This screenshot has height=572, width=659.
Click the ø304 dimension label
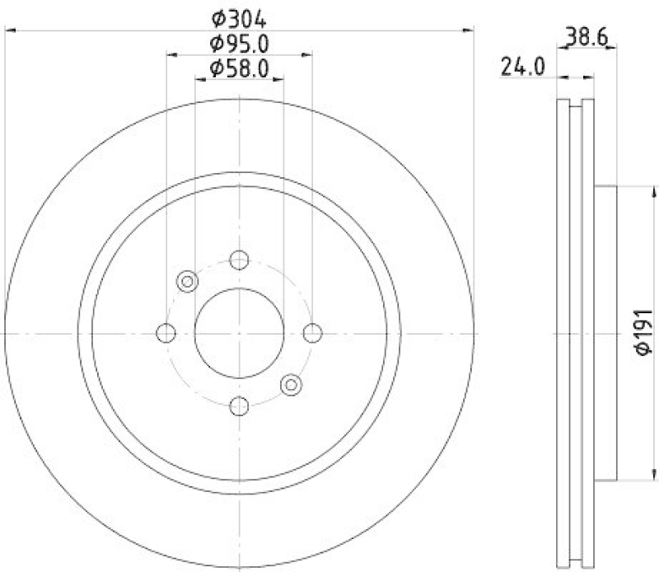tap(240, 16)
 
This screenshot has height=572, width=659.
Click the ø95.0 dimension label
tap(240, 43)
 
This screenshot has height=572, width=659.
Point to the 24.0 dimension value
tap(523, 67)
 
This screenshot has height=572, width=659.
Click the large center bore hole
tap(240, 333)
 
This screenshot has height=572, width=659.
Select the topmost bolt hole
tap(240, 260)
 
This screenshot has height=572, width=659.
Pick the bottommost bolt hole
tap(240, 406)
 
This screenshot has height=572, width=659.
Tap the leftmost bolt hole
tap(166, 333)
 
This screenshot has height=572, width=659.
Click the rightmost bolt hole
tap(312, 333)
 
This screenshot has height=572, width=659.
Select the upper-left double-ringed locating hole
tap(188, 282)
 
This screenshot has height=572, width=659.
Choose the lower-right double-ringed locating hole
tap(291, 384)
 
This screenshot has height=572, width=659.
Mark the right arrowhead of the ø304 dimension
tap(471, 30)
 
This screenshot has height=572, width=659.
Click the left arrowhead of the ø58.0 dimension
tap(199, 80)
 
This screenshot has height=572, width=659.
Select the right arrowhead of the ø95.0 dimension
tap(309, 55)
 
